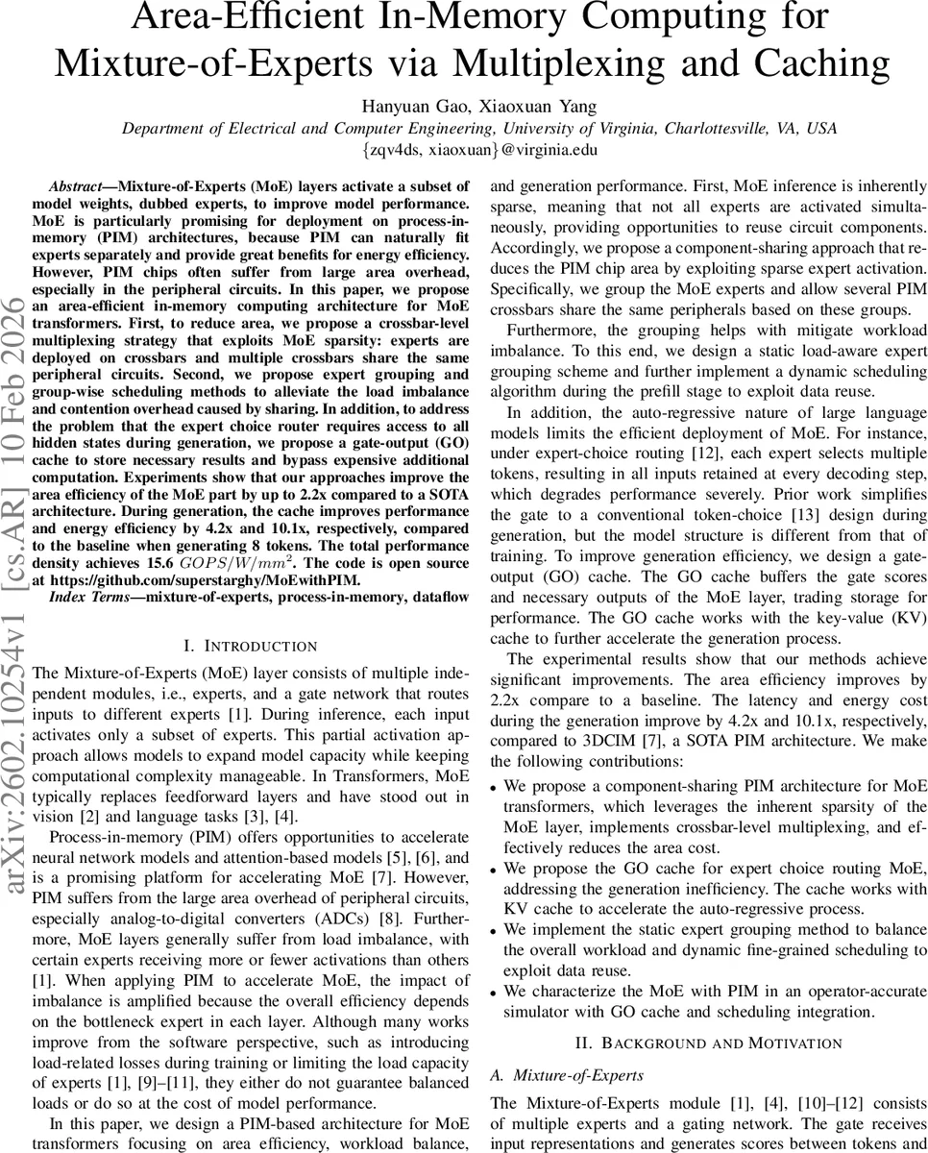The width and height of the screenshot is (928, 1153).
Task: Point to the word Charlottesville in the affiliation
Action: [x=699, y=128]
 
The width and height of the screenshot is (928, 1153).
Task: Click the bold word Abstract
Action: [x=82, y=186]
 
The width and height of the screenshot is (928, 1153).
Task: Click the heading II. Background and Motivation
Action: [x=709, y=1043]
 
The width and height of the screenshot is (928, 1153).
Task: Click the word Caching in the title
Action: [x=826, y=62]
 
